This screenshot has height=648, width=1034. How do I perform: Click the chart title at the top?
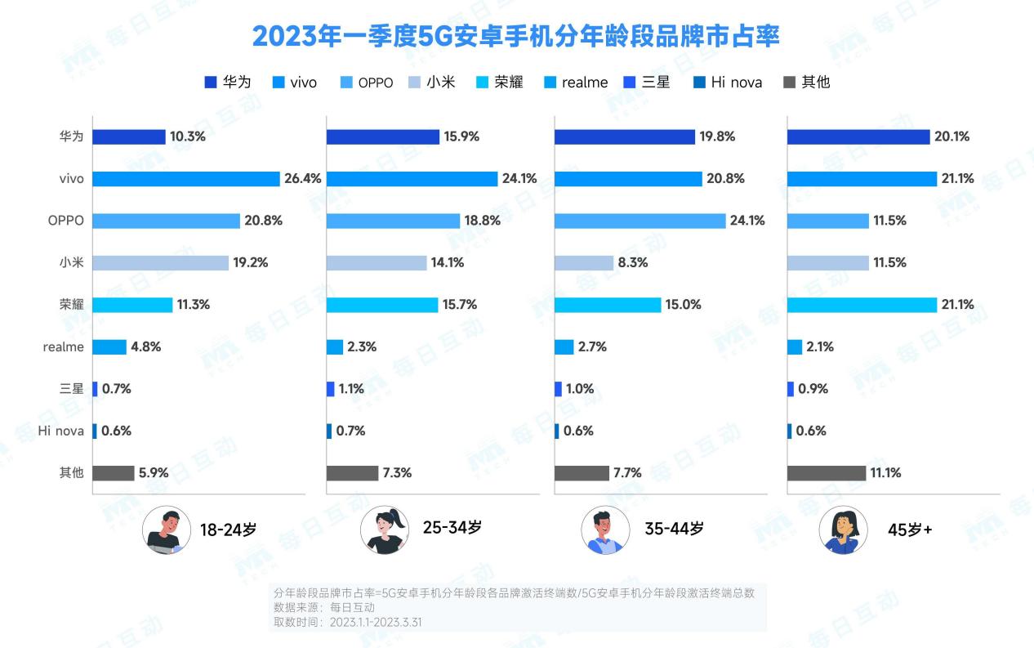515,37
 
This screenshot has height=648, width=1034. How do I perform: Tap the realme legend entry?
576,82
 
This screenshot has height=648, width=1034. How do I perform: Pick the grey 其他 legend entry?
806,82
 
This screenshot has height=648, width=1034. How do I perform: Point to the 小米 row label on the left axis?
71,263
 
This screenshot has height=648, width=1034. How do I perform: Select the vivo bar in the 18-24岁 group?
186,179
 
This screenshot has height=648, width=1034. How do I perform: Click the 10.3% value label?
188,137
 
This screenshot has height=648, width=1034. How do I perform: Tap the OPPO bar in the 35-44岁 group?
640,221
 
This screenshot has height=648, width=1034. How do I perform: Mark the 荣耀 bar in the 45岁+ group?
862,305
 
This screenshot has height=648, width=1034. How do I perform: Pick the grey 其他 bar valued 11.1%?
826,473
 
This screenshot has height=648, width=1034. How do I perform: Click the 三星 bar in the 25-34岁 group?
330,389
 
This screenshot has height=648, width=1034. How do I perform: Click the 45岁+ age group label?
909,530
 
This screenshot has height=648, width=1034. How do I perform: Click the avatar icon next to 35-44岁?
605,530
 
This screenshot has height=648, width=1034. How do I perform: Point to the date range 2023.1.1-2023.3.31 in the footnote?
376,622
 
